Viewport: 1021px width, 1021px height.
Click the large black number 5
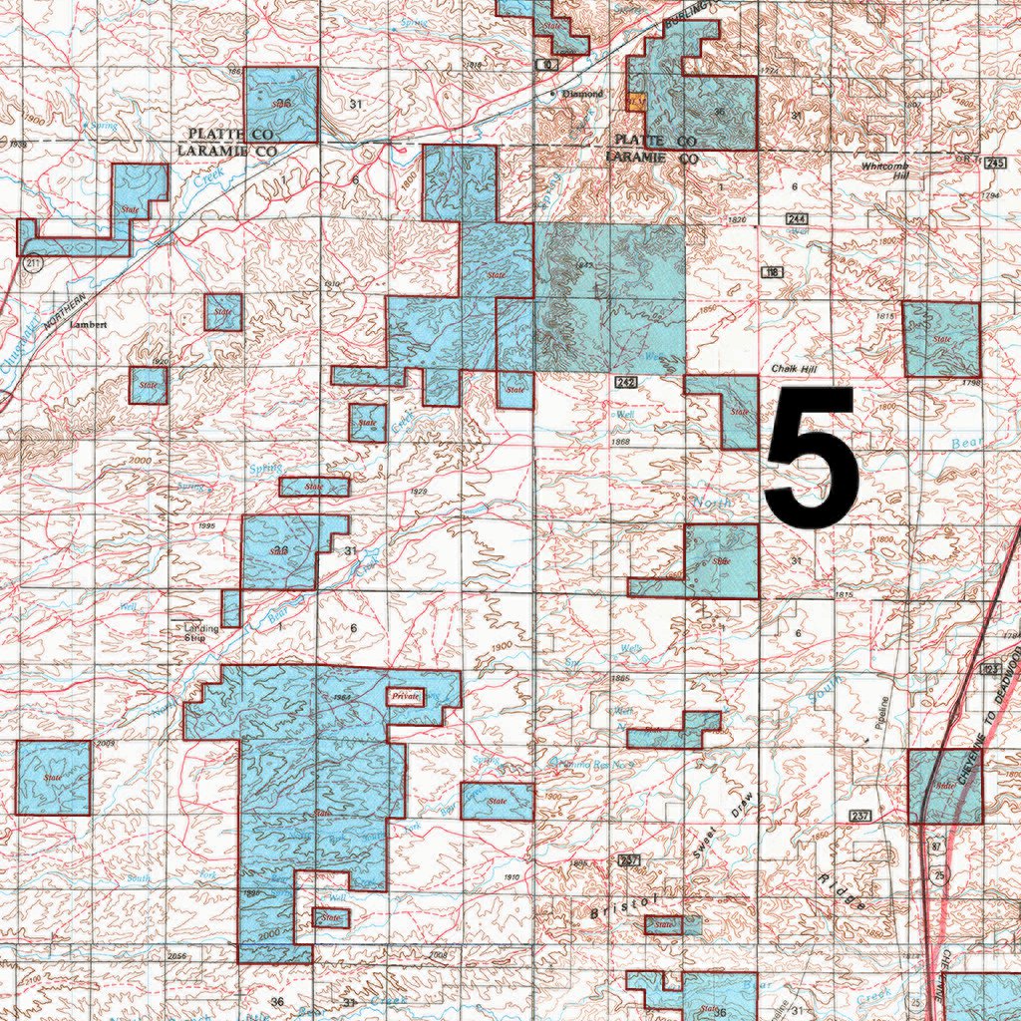[811, 458]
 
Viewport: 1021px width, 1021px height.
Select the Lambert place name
[87, 324]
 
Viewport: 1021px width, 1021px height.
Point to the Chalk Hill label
[795, 370]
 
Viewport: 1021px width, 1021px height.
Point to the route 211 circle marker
[33, 264]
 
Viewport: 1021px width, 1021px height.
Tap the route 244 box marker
[795, 219]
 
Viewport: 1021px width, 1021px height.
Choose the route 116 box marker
[771, 272]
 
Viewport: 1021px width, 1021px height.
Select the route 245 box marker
[994, 163]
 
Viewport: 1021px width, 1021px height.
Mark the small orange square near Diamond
[634, 101]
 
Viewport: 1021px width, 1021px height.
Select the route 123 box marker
[991, 667]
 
